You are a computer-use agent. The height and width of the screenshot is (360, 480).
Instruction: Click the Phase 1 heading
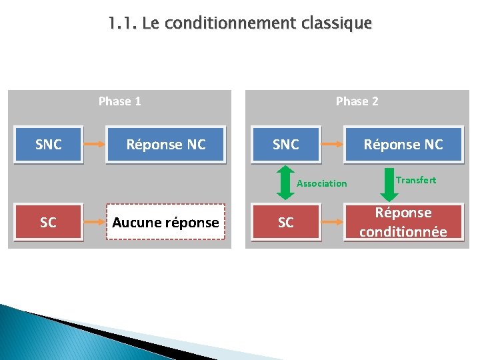click(x=119, y=101)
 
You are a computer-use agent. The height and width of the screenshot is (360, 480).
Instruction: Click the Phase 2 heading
click(x=357, y=101)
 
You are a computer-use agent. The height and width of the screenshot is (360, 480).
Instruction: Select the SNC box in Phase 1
click(x=48, y=144)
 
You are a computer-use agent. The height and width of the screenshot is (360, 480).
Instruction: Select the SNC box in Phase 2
click(x=285, y=144)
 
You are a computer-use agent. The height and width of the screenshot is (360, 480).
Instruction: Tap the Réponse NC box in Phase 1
click(x=166, y=144)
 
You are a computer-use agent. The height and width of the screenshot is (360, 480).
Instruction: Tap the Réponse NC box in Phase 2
click(x=403, y=144)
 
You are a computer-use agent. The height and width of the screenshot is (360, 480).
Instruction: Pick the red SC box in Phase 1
click(x=48, y=222)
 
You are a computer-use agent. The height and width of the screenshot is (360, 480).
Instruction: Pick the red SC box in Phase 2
click(x=285, y=222)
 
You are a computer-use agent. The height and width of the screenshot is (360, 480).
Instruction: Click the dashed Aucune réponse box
click(x=166, y=222)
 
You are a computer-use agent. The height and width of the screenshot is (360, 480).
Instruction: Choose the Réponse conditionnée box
click(x=403, y=222)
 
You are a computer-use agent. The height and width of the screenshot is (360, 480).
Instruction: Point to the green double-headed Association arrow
click(x=285, y=183)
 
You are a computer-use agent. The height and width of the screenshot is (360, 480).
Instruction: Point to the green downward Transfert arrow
click(x=388, y=183)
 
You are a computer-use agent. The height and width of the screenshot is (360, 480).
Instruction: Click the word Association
click(x=321, y=183)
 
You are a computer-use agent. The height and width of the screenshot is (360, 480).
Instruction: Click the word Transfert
click(x=416, y=180)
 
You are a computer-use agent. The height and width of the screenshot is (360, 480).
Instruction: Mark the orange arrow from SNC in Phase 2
click(x=331, y=144)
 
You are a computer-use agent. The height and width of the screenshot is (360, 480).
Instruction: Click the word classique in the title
click(x=336, y=24)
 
